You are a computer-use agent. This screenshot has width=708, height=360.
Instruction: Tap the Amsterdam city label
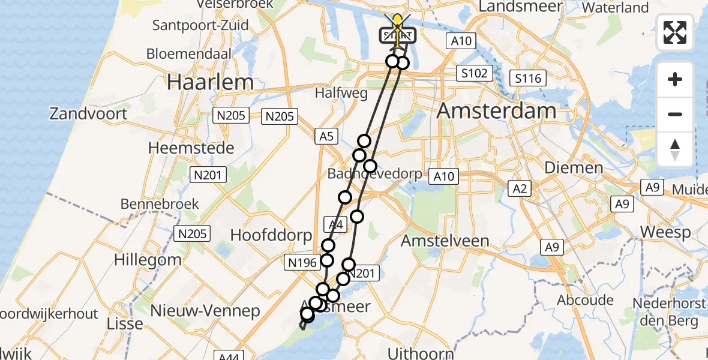click(497, 111)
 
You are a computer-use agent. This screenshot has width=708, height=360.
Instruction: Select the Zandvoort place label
click(89, 113)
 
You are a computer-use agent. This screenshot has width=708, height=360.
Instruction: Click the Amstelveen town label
click(445, 241)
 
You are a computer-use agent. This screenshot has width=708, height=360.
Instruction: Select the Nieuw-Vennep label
click(205, 310)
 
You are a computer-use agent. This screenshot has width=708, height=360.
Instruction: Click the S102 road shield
click(474, 74)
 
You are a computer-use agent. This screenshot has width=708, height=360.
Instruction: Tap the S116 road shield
click(528, 77)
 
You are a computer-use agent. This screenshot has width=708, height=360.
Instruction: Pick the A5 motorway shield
click(326, 137)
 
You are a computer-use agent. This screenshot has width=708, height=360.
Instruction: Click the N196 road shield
click(301, 262)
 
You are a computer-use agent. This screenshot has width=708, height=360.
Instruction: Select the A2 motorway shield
click(520, 190)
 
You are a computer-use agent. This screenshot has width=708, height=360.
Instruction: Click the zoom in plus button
click(675, 80)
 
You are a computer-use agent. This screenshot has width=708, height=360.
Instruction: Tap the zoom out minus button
click(675, 114)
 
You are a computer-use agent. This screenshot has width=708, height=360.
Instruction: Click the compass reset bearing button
click(675, 149)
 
